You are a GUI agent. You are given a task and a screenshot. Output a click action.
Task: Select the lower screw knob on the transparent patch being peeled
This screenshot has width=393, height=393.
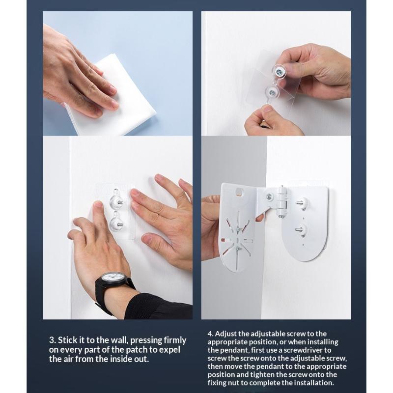(271, 93)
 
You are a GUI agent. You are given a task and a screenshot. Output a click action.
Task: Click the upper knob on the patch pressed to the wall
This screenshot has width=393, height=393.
(116, 200)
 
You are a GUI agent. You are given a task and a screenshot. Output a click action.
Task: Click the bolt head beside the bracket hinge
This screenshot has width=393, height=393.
(270, 196)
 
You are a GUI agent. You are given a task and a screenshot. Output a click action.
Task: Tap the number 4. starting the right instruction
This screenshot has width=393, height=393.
(210, 334)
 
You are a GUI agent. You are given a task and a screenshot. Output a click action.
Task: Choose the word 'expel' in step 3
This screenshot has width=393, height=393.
(170, 350)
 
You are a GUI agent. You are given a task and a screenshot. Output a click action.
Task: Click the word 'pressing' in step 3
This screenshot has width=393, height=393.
(146, 340)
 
